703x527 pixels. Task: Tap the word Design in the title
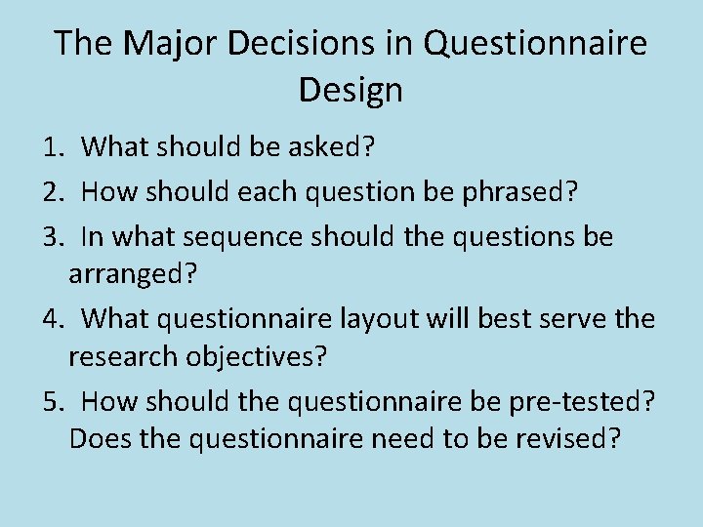(x=351, y=91)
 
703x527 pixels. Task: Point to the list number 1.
(x=53, y=147)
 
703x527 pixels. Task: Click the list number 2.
(x=53, y=192)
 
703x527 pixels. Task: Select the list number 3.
(x=53, y=237)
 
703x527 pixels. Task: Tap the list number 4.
(x=53, y=318)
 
